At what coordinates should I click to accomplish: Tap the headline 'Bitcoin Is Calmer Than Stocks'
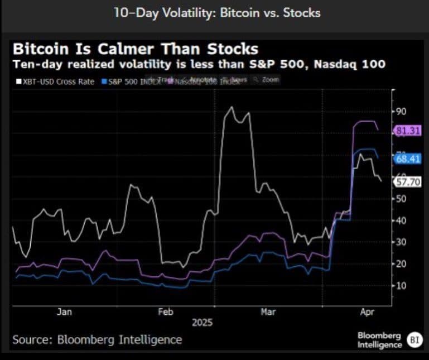[135, 49]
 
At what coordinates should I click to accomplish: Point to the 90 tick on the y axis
[401, 111]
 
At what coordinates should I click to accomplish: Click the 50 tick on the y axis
[401, 198]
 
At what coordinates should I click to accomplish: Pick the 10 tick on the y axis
[401, 285]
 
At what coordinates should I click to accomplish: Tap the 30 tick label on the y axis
[401, 242]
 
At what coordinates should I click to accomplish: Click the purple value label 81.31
[408, 131]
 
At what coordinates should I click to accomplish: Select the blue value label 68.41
[408, 159]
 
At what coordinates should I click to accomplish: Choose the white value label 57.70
[408, 181]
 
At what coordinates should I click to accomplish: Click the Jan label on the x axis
[64, 312]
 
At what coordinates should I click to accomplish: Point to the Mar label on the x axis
[268, 312]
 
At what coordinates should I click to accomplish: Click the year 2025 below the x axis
[203, 323]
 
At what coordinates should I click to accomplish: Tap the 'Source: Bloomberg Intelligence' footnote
[97, 339]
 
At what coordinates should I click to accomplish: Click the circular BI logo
[413, 339]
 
